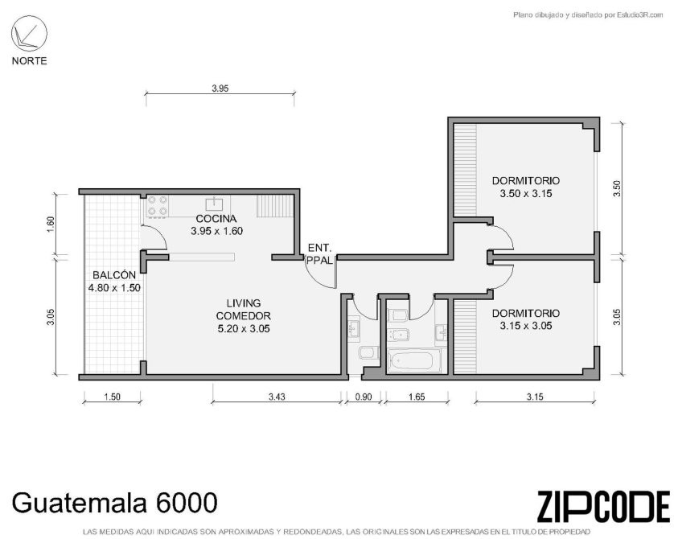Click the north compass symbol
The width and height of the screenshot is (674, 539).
point(29,34)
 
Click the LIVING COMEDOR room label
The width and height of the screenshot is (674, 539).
point(244,316)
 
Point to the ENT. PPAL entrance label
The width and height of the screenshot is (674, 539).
point(320,254)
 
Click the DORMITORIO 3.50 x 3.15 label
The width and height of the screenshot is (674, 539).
point(526,187)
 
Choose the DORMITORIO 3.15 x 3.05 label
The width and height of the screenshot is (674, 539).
point(526,319)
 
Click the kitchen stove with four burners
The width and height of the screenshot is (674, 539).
point(158,205)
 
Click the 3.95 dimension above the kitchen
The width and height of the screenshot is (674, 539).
point(220,88)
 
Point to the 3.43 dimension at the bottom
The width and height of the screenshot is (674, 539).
point(277,397)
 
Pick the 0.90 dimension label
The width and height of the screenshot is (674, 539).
point(364,397)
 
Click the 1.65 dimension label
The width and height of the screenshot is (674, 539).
point(417,397)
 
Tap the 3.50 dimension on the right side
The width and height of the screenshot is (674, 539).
point(617,188)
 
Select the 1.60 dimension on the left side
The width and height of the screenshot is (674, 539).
point(51,224)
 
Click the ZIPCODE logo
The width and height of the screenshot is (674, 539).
point(603,506)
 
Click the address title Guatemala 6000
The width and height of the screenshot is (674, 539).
point(114,502)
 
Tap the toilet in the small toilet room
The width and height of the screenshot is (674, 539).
point(368,353)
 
